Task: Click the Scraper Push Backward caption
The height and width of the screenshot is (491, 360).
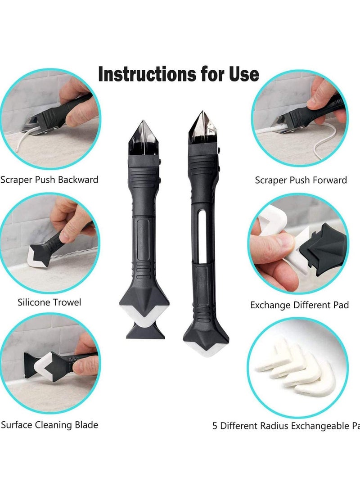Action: coord(49,180)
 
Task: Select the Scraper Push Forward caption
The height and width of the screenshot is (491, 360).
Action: coord(301,180)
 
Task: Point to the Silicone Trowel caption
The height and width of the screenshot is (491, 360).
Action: coord(49,302)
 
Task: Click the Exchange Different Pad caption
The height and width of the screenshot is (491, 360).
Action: coord(299,305)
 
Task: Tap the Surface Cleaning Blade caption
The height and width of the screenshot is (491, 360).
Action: coord(49,424)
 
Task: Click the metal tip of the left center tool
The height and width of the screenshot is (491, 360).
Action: coord(143,137)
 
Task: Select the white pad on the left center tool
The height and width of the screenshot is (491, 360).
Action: coord(143,316)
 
